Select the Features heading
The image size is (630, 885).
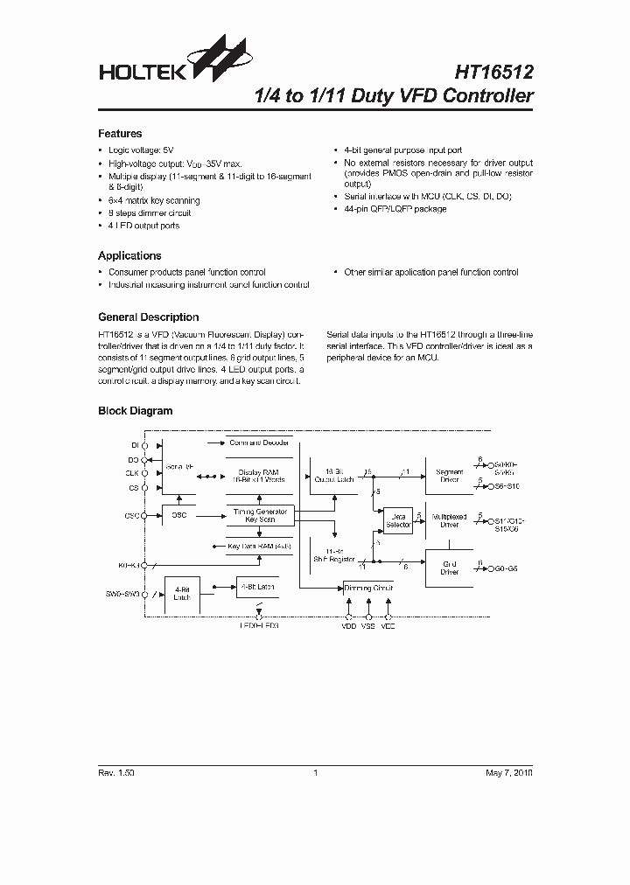(120, 134)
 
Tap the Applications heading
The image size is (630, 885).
(129, 255)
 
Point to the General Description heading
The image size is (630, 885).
(148, 317)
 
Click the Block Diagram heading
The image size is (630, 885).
(135, 410)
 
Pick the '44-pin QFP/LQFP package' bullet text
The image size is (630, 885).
(395, 209)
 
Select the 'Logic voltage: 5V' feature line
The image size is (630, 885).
(140, 150)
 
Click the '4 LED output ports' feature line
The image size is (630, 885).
(143, 226)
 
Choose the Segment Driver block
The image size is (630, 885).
(449, 476)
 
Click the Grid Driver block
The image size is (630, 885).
(449, 569)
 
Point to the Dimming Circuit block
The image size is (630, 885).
(368, 588)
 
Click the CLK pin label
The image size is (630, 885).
(132, 473)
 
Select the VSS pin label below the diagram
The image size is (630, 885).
(367, 627)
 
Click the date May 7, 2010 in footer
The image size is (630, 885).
(507, 773)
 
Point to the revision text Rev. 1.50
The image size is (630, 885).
(116, 773)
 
